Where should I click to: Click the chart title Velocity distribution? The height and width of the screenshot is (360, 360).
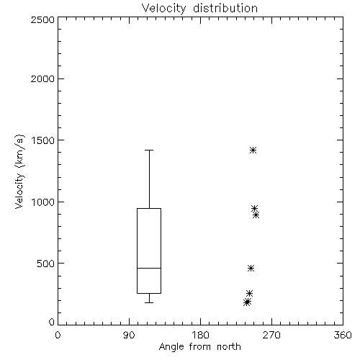tap(199, 9)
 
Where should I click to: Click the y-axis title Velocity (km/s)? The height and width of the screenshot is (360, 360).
tap(19, 171)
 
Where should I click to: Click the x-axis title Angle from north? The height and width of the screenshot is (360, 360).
tap(199, 347)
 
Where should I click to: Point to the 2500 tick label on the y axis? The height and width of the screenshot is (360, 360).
tap(42, 19)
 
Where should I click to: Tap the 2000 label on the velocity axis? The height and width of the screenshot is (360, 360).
tap(42, 78)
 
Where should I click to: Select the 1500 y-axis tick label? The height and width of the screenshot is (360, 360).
tap(43, 140)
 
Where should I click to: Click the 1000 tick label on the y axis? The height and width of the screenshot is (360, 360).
tap(43, 202)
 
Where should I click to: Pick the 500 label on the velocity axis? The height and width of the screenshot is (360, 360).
tap(46, 264)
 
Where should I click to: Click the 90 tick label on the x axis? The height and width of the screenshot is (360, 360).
tap(129, 335)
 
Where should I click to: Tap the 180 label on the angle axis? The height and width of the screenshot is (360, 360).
tap(200, 335)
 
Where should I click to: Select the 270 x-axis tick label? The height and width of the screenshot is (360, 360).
tap(271, 335)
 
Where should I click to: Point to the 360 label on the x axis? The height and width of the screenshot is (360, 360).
tap(343, 335)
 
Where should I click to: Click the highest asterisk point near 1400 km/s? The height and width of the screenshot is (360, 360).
tap(253, 150)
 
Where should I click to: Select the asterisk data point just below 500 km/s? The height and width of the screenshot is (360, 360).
tap(251, 268)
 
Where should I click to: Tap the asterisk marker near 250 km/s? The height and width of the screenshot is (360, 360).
tap(249, 293)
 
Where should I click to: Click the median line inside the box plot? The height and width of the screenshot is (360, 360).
tap(149, 268)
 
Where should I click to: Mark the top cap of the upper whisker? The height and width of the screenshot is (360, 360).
tap(149, 150)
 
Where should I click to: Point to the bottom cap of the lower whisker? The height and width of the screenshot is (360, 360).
tap(149, 302)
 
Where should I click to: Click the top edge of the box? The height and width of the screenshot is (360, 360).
tap(149, 208)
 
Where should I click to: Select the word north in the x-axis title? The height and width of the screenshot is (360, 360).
tap(229, 347)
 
